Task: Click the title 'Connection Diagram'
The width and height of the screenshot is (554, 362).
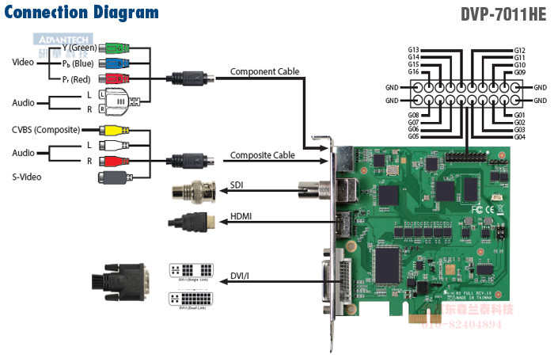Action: tap(81, 12)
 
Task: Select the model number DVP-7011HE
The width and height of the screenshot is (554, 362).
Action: tap(503, 14)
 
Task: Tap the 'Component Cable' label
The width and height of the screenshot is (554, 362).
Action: tap(264, 71)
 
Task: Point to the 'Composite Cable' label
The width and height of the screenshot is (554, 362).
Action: tap(263, 156)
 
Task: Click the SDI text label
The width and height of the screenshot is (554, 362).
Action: tap(237, 185)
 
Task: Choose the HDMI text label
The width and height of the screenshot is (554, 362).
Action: tap(241, 215)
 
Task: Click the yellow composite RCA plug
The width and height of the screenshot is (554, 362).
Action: tap(112, 130)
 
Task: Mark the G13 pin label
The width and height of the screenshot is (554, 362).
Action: tap(413, 50)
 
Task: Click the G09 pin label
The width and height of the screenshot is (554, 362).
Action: tap(520, 72)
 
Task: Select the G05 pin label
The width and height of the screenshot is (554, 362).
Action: tap(413, 137)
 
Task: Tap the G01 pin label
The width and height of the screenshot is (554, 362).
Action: tap(520, 115)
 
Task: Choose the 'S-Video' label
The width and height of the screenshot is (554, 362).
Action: tap(29, 176)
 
